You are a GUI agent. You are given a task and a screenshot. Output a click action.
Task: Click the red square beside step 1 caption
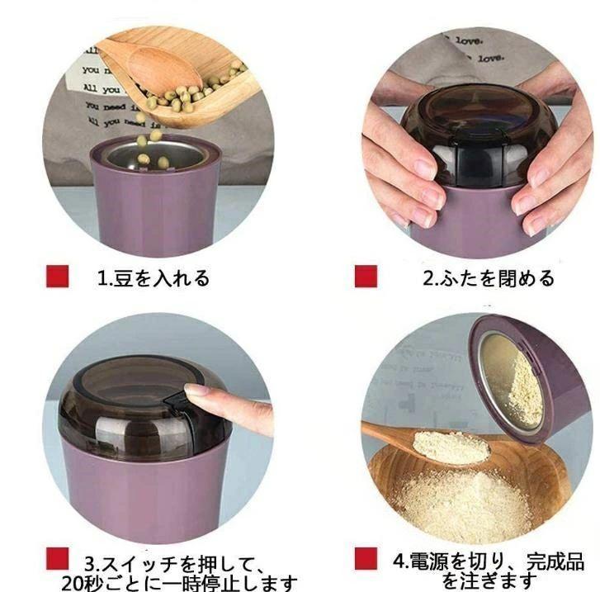[x=58, y=276]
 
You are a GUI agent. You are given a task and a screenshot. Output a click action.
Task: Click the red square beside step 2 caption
[x=366, y=276]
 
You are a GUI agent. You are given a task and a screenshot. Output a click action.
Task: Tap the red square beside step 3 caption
[x=58, y=558]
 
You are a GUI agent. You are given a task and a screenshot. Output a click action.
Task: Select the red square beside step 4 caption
[x=366, y=558]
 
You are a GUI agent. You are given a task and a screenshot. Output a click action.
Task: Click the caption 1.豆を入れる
[x=154, y=278]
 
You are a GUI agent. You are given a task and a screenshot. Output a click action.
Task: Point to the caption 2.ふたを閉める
[x=489, y=278]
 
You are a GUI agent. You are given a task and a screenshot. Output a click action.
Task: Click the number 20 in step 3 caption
[x=72, y=583]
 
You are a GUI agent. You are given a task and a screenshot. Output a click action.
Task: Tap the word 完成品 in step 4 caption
[x=555, y=561]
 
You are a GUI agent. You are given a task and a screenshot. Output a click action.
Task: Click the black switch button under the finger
[x=176, y=401]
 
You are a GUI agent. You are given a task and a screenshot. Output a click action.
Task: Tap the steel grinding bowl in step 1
[x=155, y=156]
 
